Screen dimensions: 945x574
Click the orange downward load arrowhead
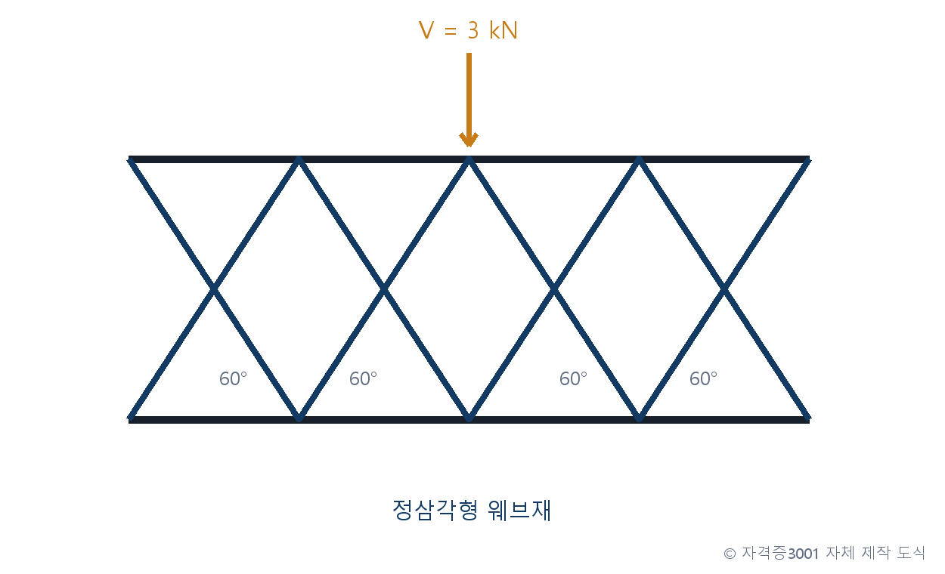coord(469,140)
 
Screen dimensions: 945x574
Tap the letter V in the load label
coord(426,30)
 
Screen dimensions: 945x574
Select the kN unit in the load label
coord(503,30)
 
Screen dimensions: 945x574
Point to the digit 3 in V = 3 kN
coord(473,30)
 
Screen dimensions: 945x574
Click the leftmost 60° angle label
coord(233,378)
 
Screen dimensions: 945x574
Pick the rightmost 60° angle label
coord(703,378)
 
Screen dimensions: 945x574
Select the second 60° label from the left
coord(363,378)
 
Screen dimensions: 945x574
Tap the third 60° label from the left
coord(573,378)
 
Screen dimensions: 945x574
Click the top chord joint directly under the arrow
coord(469,159)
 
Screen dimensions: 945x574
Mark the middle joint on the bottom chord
coord(469,418)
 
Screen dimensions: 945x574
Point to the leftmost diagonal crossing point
coord(214,289)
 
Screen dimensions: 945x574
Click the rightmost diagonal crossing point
coord(724,289)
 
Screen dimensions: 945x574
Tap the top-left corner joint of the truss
coord(130,159)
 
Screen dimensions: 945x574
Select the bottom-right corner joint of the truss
coord(807,418)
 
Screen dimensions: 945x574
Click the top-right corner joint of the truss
coord(807,159)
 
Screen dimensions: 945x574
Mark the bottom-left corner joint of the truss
coord(130,418)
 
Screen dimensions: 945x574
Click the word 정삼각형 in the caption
coord(435,510)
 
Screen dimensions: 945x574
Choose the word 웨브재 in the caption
coord(519,510)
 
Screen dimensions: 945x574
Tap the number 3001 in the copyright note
coord(803,554)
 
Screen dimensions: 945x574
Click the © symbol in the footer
coord(730,554)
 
